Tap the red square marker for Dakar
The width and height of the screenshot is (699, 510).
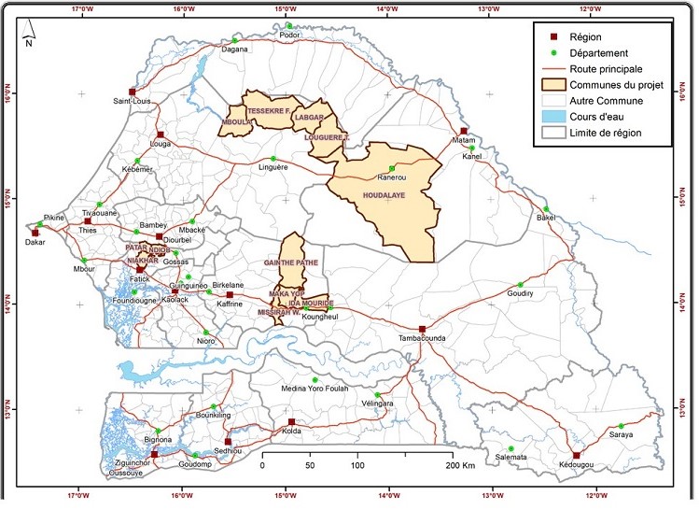(35, 233)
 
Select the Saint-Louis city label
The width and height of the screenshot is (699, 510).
(133, 101)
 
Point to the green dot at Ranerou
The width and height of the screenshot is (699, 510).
(392, 167)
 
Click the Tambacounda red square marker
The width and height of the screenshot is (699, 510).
(422, 329)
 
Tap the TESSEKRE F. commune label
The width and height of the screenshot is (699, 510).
(271, 108)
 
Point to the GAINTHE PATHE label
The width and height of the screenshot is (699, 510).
(291, 264)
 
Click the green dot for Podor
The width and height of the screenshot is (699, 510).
(289, 26)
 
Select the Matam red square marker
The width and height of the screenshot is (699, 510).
(464, 131)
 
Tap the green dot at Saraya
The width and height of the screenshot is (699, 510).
(622, 426)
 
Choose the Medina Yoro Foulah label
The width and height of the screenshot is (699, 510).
(317, 390)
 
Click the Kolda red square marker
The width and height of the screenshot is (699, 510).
(291, 421)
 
